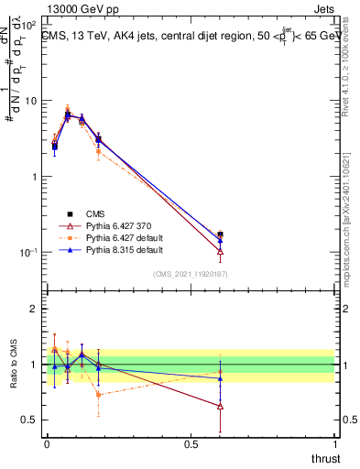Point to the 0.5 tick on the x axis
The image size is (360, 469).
191,444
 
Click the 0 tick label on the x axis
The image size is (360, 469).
47,444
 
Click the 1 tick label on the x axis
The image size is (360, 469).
334,444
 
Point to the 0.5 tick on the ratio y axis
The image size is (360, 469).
30,420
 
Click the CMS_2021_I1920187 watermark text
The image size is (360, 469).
190,274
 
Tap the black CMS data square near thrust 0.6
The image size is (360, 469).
220,234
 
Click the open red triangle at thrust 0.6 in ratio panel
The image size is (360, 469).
220,406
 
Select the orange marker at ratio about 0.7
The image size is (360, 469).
98,395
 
